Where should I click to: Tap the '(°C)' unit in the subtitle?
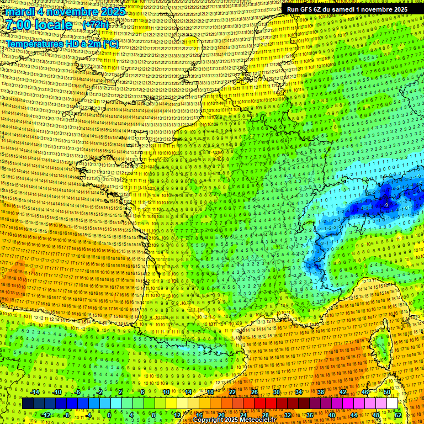coord(109,43)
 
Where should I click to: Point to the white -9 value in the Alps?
coord(386,204)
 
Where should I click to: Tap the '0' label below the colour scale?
coord(109,415)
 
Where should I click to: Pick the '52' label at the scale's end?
coord(398,415)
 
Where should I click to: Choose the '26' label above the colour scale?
coord(254,392)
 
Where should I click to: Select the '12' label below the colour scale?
coord(177,415)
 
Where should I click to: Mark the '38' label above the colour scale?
coord(320,392)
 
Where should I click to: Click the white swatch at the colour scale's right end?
coord(391,404)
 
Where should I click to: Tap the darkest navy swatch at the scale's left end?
coord(28,404)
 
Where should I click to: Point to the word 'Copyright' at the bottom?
coord(208,420)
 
